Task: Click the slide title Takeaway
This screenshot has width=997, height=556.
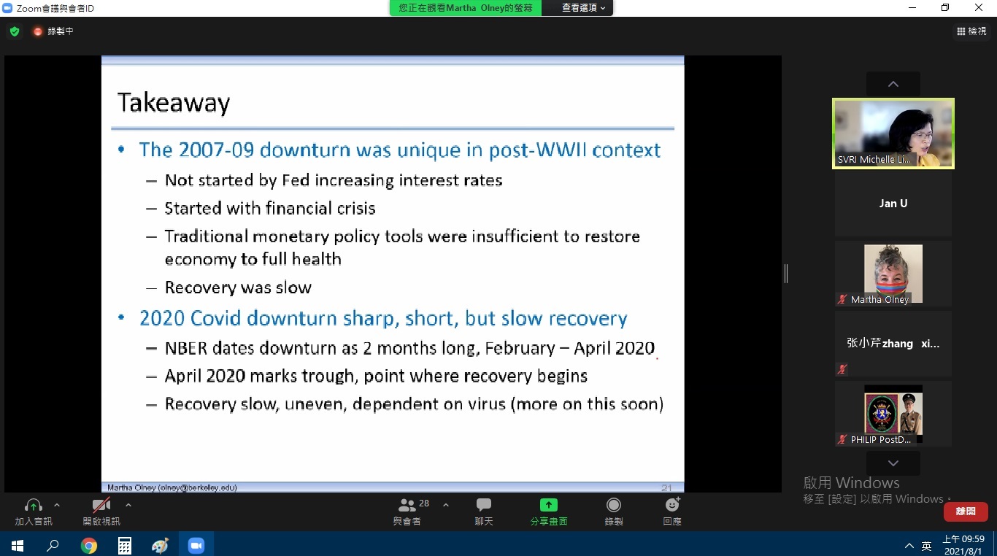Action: (x=174, y=103)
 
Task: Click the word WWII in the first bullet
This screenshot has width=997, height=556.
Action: (x=561, y=150)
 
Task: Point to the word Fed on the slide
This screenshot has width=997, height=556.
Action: (x=296, y=180)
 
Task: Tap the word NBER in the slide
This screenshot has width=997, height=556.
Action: (x=186, y=348)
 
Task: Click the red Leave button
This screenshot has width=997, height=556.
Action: (x=966, y=511)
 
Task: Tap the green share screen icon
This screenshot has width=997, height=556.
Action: (x=548, y=505)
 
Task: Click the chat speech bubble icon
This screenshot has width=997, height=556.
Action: (x=483, y=505)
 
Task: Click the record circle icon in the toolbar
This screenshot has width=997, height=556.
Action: (x=613, y=505)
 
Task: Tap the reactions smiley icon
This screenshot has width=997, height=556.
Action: (x=672, y=505)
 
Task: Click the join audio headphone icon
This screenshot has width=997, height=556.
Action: (x=34, y=506)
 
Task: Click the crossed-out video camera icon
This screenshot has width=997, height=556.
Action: (x=101, y=506)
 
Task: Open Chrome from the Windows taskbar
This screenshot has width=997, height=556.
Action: (x=88, y=545)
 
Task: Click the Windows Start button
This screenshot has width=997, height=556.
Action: (x=17, y=545)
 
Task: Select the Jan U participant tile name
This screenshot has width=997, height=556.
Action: (x=893, y=204)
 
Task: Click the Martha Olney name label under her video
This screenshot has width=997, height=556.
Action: (x=879, y=299)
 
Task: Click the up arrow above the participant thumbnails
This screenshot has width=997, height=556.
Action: (x=893, y=84)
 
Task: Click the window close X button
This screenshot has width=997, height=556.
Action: (x=978, y=7)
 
